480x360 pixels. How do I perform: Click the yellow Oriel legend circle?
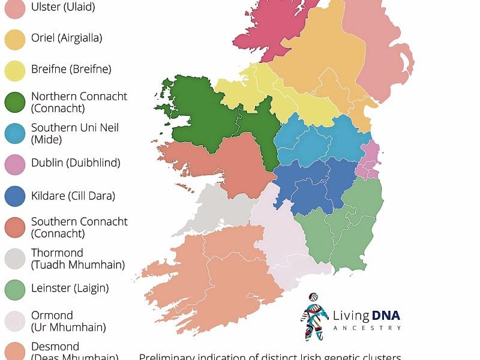(x=15, y=38)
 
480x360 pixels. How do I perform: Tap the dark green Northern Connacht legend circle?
(x=15, y=102)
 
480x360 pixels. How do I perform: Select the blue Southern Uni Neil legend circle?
(x=15, y=133)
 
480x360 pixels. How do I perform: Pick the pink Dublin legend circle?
(x=15, y=163)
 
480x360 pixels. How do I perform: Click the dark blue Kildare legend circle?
(x=15, y=196)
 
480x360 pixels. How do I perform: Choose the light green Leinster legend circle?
(x=15, y=289)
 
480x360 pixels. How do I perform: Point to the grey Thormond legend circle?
(x=15, y=259)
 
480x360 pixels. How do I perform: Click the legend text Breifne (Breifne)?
(x=71, y=70)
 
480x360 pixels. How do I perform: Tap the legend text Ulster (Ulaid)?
(x=63, y=7)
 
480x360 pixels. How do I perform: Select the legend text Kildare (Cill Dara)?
(x=73, y=196)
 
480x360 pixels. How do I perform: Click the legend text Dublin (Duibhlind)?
(x=76, y=163)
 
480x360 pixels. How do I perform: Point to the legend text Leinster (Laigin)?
(x=70, y=289)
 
